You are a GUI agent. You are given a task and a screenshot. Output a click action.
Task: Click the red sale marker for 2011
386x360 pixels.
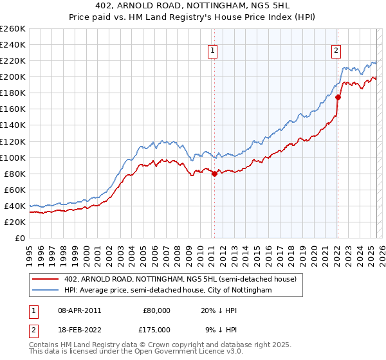214,174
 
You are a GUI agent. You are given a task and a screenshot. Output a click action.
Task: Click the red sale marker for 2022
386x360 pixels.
338,97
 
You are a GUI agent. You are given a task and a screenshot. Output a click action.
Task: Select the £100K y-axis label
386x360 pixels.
13,157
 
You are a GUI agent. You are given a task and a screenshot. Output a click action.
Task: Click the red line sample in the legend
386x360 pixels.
46,279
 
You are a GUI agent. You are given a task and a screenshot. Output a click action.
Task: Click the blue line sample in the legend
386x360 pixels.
46,291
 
